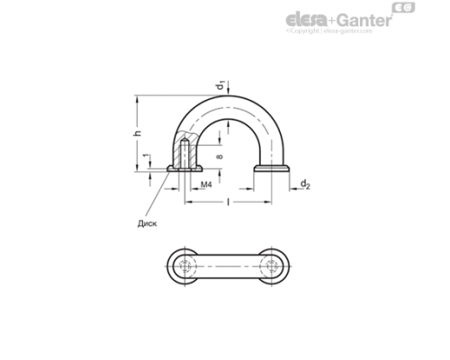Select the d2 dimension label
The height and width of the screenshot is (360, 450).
(306, 186)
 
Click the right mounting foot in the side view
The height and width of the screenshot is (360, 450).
(272, 168)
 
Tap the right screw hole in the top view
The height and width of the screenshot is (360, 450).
(271, 268)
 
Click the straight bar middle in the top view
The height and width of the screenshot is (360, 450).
(228, 268)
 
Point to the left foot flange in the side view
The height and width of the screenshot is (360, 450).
(184, 169)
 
